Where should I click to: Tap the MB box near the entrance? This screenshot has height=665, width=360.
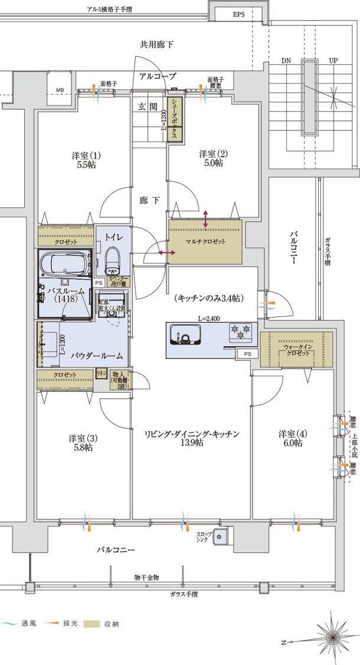pos(60,90)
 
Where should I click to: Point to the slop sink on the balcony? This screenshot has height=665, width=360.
pos(221,537)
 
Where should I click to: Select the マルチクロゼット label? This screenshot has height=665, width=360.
pos(205,241)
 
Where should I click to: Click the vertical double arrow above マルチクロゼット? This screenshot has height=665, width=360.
pos(205,219)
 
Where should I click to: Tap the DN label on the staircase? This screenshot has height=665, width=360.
pos(286,60)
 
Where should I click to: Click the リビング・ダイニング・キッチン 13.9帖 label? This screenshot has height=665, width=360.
pos(192,438)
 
